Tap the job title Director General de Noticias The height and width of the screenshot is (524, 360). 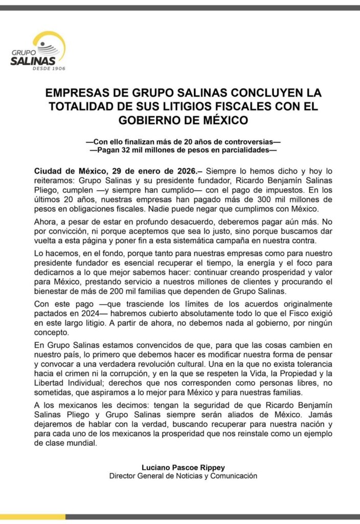pos(164,476)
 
